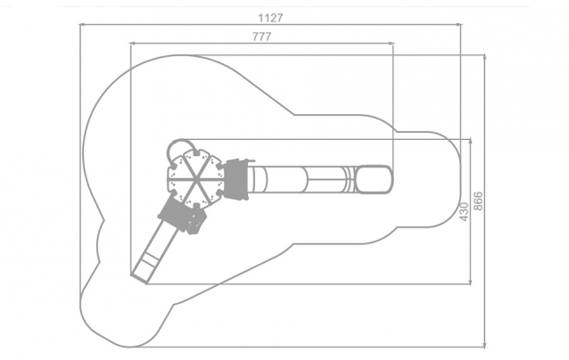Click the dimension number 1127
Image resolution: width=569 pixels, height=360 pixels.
[x=270, y=18]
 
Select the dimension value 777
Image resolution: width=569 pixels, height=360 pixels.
[x=261, y=37]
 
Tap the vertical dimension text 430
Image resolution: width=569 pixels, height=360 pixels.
[x=464, y=211]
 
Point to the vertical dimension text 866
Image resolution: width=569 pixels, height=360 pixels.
[x=478, y=200]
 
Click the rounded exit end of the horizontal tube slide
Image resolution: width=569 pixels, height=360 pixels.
[x=375, y=179]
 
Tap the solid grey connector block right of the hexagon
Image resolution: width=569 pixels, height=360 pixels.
[x=235, y=179]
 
